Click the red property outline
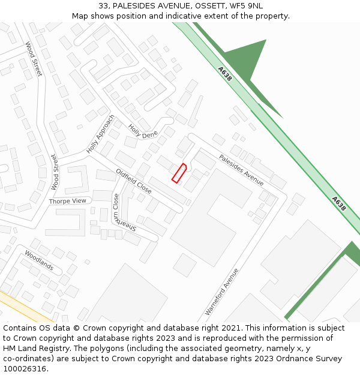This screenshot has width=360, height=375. [179, 173]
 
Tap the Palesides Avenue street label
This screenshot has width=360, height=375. [241, 170]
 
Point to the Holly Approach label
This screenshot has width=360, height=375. [100, 134]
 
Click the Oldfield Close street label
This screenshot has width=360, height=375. [133, 181]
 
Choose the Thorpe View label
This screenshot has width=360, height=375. [68, 201]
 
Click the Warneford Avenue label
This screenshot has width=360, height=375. [222, 292]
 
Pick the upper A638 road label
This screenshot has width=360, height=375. [225, 74]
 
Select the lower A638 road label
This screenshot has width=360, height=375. [339, 203]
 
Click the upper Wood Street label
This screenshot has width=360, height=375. [34, 58]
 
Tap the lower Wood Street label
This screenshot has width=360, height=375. [54, 172]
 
